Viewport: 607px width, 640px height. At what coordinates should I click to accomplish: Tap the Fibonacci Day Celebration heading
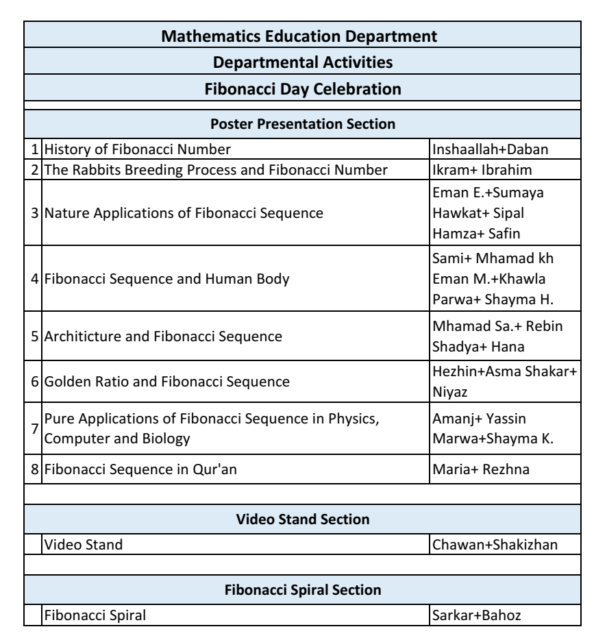click(x=303, y=88)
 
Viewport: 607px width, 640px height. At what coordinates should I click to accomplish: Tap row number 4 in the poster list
click(x=34, y=279)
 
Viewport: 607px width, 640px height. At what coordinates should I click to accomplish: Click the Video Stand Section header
click(x=303, y=519)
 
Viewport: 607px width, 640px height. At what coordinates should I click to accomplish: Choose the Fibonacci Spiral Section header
click(x=303, y=589)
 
